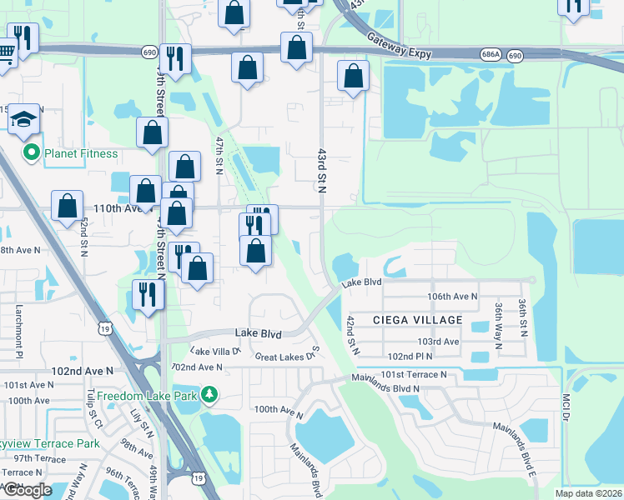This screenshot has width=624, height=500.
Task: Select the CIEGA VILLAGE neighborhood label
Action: [417, 320]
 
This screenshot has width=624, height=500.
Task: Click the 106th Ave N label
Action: [451, 296]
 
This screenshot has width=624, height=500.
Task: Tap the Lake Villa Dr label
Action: [215, 352]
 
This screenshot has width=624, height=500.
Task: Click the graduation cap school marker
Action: [25, 120]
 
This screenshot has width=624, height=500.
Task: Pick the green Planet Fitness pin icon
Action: [32, 153]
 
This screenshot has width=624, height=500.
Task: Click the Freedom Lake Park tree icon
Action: [212, 392]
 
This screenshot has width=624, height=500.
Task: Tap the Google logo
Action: [28, 489]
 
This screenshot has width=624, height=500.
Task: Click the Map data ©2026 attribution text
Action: [588, 493]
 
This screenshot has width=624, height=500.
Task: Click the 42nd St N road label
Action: [352, 334]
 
